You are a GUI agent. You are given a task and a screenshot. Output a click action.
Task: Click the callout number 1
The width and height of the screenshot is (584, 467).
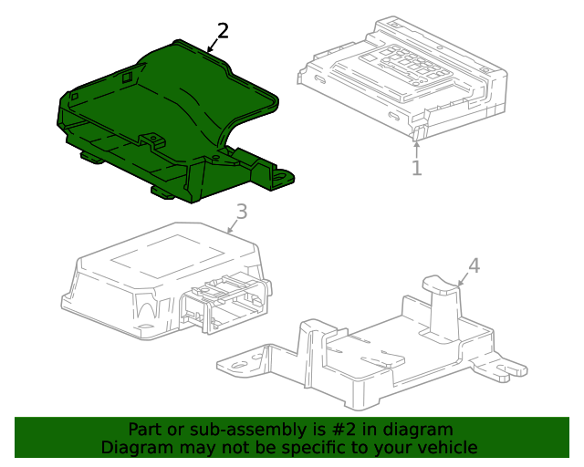tap(416, 169)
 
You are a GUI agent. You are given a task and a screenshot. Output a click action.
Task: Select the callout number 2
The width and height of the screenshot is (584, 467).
tap(223, 30)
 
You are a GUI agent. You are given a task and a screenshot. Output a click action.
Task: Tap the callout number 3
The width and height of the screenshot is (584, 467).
tap(241, 213)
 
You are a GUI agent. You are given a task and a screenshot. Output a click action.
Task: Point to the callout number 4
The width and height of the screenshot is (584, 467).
tap(473, 265)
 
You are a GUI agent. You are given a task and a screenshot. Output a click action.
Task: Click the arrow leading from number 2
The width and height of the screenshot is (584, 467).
tap(214, 44)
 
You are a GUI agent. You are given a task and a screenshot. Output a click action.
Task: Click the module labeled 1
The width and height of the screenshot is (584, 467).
tap(401, 78)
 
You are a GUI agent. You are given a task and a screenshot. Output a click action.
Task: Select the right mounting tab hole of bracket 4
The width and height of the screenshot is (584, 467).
tap(512, 369)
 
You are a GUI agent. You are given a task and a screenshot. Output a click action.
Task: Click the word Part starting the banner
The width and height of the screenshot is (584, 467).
tap(144, 430)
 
